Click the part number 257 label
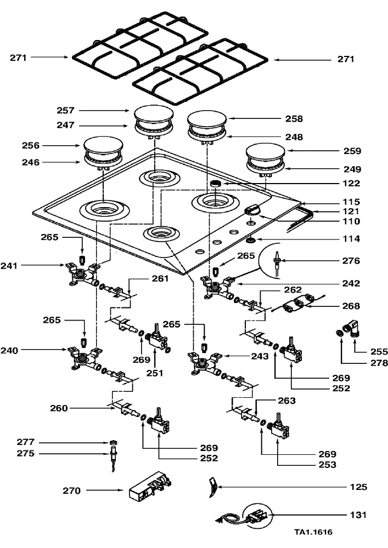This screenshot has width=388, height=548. pyautogui.click(x=65, y=111)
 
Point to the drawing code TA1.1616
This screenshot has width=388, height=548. pyautogui.click(x=313, y=532)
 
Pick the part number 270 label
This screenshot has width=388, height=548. pyautogui.click(x=72, y=490)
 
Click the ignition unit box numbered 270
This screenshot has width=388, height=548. pyautogui.click(x=150, y=486)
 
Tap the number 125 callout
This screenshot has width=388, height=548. pyautogui.click(x=358, y=487)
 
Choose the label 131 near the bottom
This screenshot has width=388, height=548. pyautogui.click(x=358, y=515)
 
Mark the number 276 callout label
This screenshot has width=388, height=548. pyautogui.click(x=351, y=261)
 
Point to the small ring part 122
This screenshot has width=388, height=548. pyautogui.click(x=215, y=184)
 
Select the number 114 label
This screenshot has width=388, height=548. pyautogui.click(x=351, y=239)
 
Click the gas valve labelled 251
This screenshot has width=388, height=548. pyautogui.click(x=158, y=339)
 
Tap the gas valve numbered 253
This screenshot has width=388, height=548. pyautogui.click(x=279, y=427)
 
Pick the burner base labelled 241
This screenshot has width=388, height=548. pyautogui.click(x=82, y=274)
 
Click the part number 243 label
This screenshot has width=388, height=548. pyautogui.click(x=260, y=356)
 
